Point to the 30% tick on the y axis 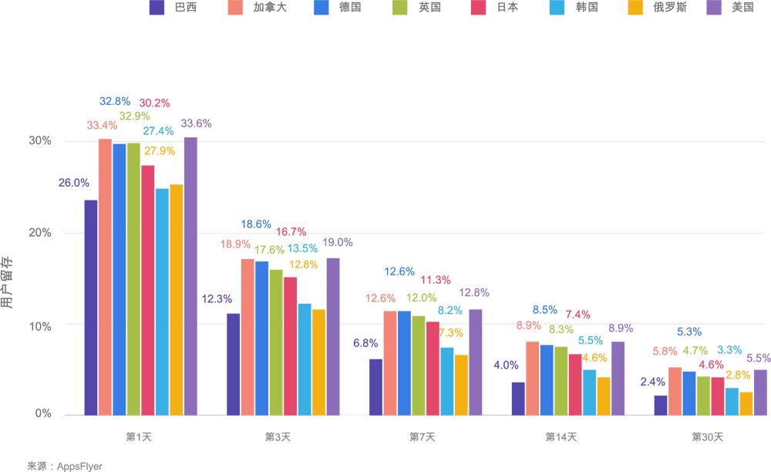click(40, 141)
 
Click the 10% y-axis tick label click(40, 325)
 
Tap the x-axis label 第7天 click(422, 437)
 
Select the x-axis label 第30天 click(707, 437)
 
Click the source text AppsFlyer click(64, 466)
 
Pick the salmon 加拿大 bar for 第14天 click(532, 377)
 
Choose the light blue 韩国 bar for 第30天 click(732, 400)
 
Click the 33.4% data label click(102, 125)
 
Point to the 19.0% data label click(338, 242)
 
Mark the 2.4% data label click(653, 382)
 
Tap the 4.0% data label click(506, 365)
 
